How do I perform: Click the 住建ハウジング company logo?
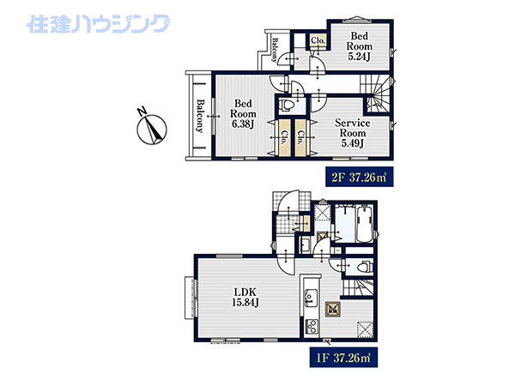98,24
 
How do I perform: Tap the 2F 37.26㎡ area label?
360,178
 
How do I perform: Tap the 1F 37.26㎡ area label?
343,358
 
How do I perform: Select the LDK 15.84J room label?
245,297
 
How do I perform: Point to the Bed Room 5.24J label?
360,46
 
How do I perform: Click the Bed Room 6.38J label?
243,113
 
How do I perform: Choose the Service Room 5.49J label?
353,133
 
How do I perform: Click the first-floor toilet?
365,267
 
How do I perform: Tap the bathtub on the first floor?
364,225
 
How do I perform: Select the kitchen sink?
311,298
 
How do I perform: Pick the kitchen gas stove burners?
311,327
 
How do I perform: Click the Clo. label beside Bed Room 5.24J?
318,40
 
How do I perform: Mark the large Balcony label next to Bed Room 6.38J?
199,116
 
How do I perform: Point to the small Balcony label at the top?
276,50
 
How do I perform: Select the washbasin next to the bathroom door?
305,245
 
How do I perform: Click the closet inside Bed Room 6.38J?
284,137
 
